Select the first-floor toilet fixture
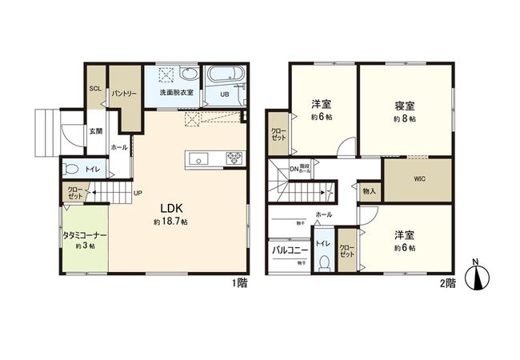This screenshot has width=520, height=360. pyautogui.click(x=70, y=169)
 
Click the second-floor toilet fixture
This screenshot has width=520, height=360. pyautogui.click(x=323, y=262)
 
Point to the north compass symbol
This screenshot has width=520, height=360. pyautogui.click(x=480, y=277)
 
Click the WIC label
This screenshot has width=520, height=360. pyautogui.click(x=419, y=180)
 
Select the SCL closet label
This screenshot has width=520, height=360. pyautogui.click(x=94, y=89)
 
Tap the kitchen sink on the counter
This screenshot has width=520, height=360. pyautogui.click(x=198, y=157)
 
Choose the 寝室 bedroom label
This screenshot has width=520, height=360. pyautogui.click(x=405, y=106)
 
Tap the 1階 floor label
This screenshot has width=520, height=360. pyautogui.click(x=240, y=282)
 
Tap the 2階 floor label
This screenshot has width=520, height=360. pyautogui.click(x=446, y=282)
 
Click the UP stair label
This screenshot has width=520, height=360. pyautogui.click(x=138, y=193)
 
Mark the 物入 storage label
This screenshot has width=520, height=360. pyautogui.click(x=369, y=192)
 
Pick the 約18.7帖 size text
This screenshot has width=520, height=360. pyautogui.click(x=170, y=221)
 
